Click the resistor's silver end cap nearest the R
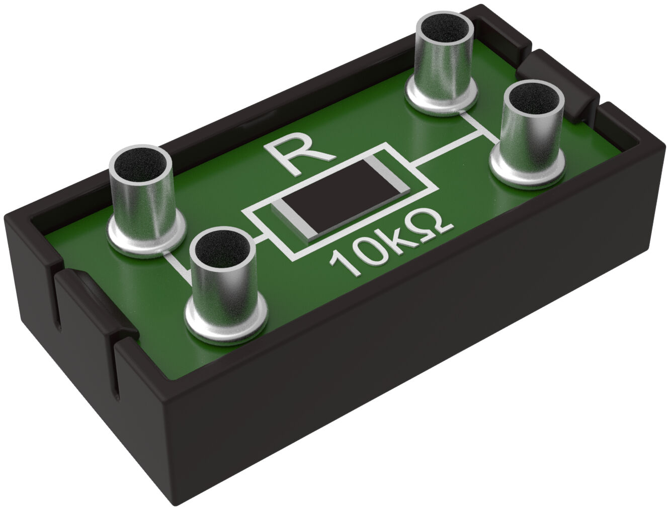[388, 174]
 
